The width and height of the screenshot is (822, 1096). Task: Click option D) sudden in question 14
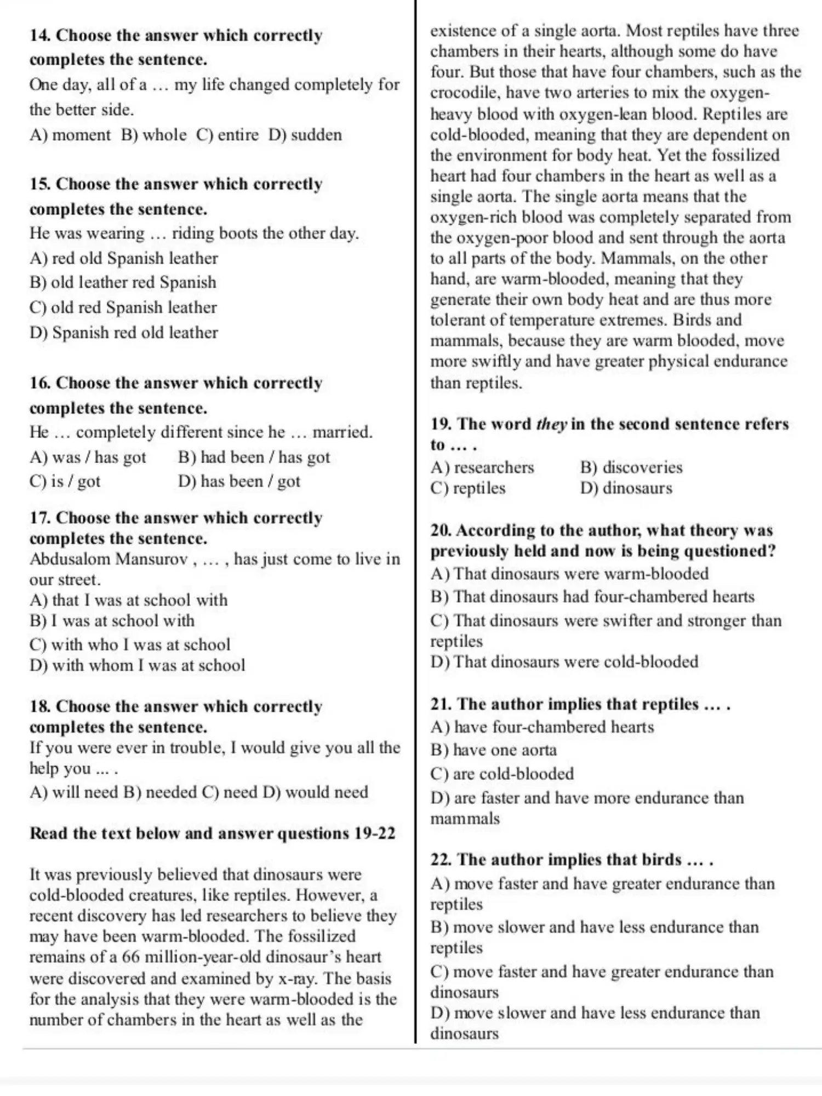click(305, 135)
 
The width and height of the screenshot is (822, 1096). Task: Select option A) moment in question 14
click(70, 135)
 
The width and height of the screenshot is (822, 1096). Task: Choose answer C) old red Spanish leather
click(123, 307)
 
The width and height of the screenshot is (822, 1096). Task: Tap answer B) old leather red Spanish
click(123, 282)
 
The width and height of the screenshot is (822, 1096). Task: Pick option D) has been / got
click(239, 481)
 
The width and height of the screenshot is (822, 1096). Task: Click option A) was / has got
click(88, 457)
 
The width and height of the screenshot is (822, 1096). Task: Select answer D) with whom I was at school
click(138, 665)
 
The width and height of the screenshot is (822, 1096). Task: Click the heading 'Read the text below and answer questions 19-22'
click(213, 834)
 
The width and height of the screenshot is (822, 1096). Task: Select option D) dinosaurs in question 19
click(626, 488)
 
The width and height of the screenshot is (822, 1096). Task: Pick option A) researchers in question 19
click(482, 467)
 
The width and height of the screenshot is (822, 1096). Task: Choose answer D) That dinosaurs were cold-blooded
click(564, 662)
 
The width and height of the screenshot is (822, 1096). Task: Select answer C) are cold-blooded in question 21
click(502, 774)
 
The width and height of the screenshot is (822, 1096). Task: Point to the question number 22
click(441, 860)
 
